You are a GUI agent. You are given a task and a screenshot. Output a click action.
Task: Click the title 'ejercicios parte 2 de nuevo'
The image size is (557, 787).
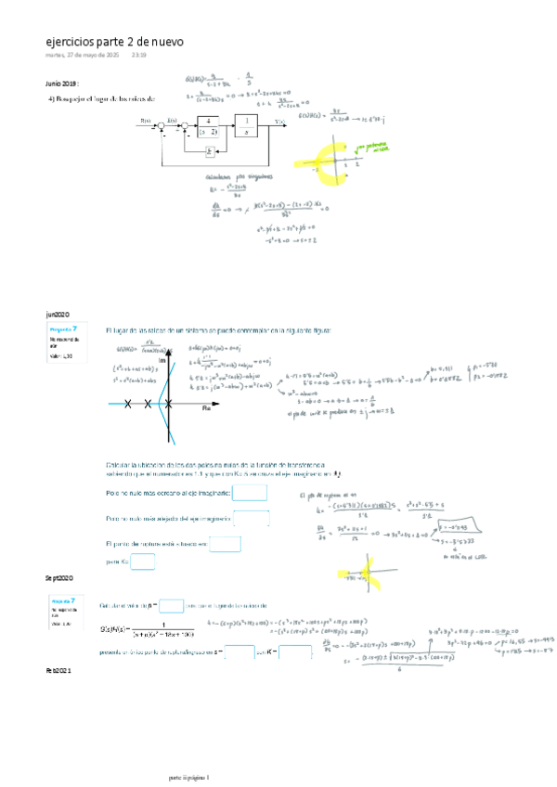coord(114,42)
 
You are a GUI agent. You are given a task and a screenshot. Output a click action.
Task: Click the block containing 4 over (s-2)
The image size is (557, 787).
coord(209,126)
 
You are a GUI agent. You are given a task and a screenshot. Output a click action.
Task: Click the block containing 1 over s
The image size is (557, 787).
coord(246,126)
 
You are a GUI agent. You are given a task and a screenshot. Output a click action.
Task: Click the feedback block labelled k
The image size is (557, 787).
coord(210,150)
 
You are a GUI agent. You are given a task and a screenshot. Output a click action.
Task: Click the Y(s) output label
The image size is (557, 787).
coord(280,122)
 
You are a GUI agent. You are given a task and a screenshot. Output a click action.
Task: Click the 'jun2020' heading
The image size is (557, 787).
coord(58,315)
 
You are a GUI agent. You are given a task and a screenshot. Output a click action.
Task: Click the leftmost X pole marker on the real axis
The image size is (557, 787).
coord(128,403)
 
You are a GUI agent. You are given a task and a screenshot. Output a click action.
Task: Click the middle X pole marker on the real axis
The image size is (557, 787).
coord(148,403)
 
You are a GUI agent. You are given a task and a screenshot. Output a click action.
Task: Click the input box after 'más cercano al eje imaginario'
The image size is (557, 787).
coord(250,493)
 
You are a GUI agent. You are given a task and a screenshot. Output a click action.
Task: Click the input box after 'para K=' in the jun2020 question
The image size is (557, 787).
coord(142,561)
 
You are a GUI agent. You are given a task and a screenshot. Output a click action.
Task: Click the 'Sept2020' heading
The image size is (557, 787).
coord(59,577)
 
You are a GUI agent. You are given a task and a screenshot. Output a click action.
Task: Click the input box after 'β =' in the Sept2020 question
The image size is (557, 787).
coord(171,606)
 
